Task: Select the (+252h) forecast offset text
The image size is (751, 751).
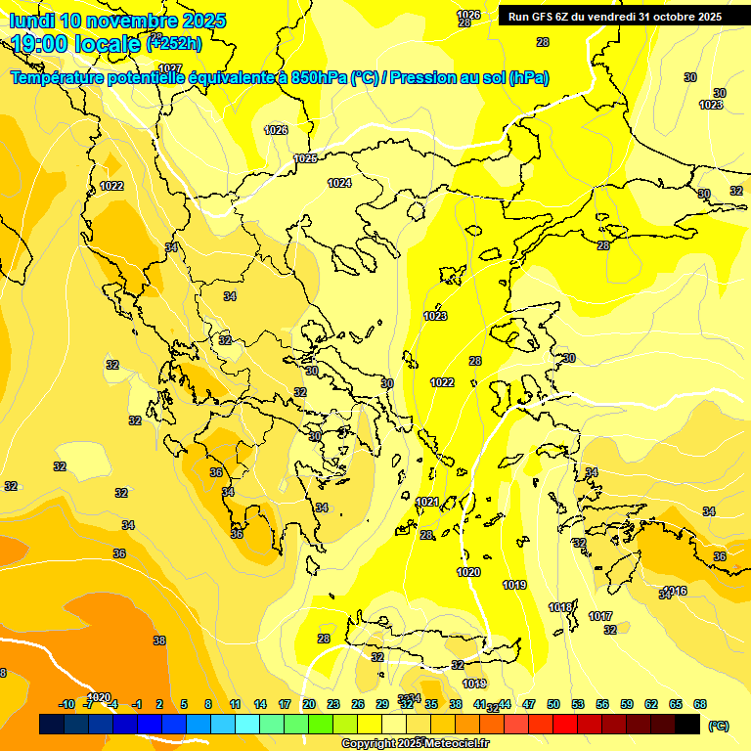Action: pyautogui.click(x=174, y=43)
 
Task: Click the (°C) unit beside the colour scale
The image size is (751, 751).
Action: pyautogui.click(x=718, y=725)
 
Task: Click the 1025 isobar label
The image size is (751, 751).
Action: pyautogui.click(x=306, y=158)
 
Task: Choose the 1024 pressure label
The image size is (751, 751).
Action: pyautogui.click(x=339, y=183)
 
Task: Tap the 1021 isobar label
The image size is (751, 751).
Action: pyautogui.click(x=427, y=502)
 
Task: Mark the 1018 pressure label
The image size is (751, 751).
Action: pyautogui.click(x=560, y=607)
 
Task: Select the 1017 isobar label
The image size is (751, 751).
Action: pyautogui.click(x=600, y=616)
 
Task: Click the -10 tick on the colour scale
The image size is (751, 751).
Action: pyautogui.click(x=66, y=704)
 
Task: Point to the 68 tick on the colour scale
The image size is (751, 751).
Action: pyautogui.click(x=700, y=704)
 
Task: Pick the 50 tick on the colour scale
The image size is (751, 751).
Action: pyautogui.click(x=553, y=704)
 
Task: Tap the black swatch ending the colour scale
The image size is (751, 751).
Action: pyautogui.click(x=687, y=724)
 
